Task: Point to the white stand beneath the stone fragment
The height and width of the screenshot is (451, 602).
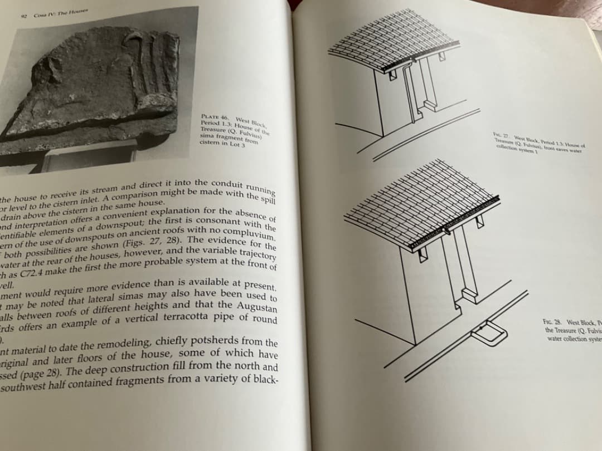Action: [89, 155]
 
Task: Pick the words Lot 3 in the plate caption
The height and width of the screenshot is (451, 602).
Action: [235, 145]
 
